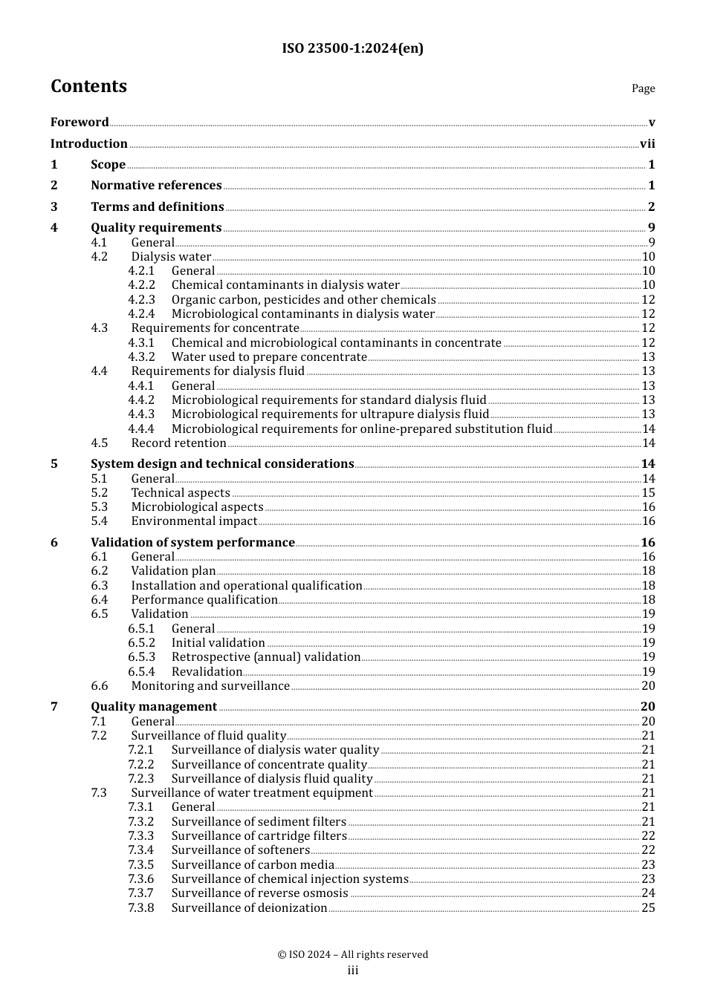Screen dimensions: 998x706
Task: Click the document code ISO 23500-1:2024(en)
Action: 352,49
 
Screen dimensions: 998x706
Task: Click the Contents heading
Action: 88,86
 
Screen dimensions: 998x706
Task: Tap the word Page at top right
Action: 643,88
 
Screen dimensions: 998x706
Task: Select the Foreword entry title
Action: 80,122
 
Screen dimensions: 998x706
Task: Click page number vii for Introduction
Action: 647,144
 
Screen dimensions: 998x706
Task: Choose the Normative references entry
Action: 156,186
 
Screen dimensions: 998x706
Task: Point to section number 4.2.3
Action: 141,300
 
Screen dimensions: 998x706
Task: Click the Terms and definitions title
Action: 158,207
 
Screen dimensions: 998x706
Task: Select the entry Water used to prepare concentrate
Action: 269,357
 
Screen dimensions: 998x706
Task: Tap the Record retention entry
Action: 178,443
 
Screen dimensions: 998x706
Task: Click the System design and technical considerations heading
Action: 222,464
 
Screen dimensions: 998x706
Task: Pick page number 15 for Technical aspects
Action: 648,493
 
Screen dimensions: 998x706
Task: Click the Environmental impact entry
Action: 194,521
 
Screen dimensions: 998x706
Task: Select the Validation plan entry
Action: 173,571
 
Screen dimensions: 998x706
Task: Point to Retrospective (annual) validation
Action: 265,657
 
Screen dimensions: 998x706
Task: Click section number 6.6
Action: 100,686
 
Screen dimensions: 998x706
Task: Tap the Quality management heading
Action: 154,707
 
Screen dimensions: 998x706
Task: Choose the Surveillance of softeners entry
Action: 240,850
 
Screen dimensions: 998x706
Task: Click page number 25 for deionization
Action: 648,908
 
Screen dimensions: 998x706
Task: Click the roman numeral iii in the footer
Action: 353,971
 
